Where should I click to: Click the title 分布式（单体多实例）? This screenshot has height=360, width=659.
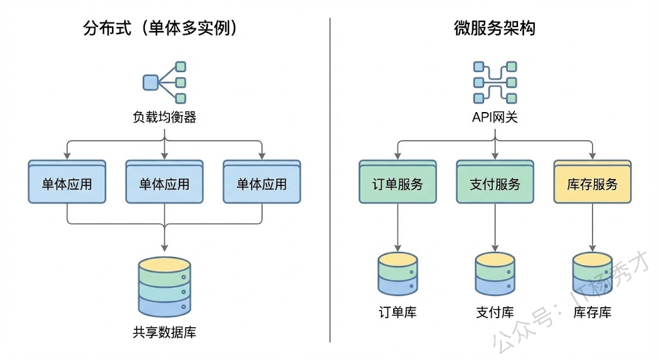click(165, 28)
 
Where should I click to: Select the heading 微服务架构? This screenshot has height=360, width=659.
click(494, 28)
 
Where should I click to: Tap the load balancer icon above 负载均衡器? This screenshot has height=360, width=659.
click(165, 82)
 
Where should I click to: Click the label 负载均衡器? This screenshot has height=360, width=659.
click(165, 117)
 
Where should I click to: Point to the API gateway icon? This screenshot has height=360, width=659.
click(494, 82)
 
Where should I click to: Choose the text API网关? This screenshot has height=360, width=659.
click(494, 117)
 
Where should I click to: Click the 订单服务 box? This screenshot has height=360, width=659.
click(398, 184)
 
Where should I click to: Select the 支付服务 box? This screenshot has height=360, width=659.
click(495, 184)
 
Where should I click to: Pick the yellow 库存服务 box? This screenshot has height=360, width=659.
click(592, 184)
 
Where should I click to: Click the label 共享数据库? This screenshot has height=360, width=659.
click(165, 333)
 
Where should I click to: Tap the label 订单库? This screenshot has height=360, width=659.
click(398, 313)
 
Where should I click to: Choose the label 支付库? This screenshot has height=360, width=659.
click(495, 313)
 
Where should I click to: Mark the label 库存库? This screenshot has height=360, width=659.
click(592, 313)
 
